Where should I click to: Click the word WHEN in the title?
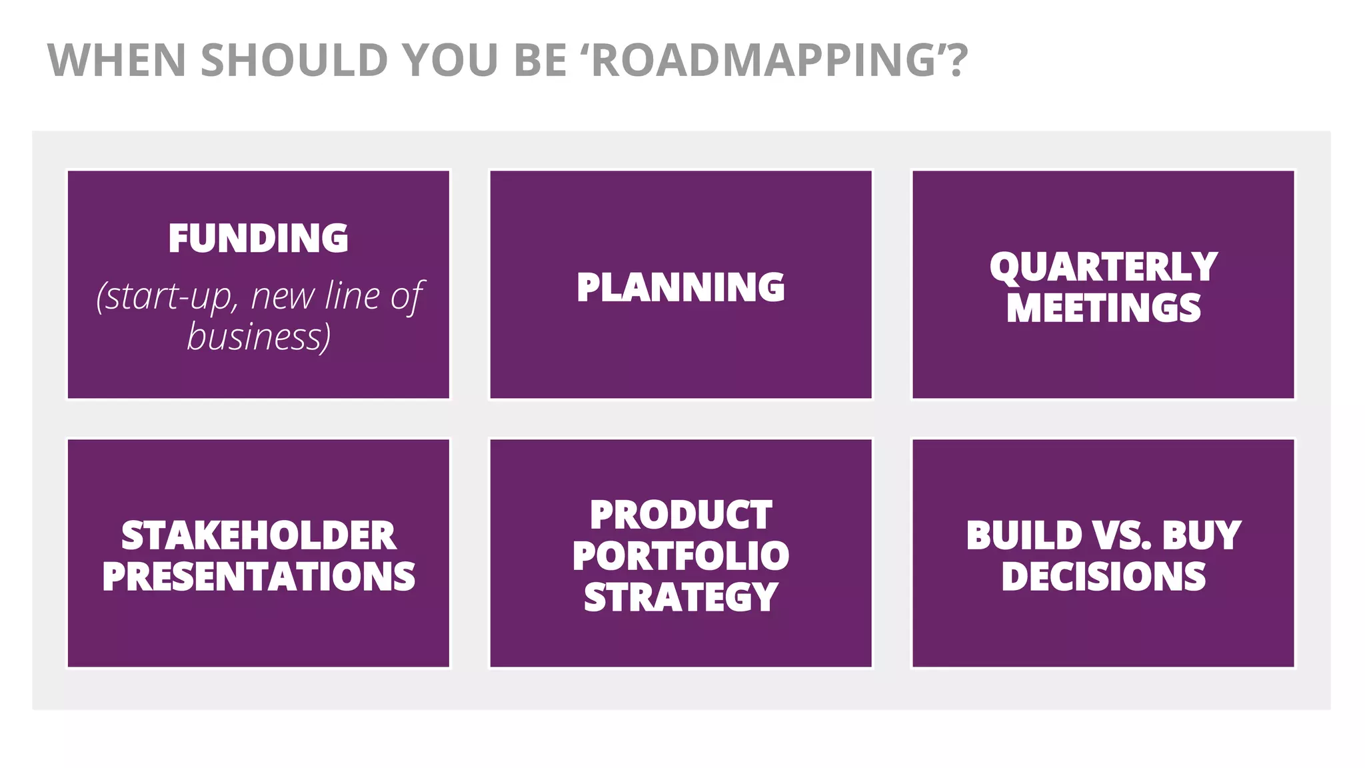[117, 61]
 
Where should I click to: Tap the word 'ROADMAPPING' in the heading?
[773, 61]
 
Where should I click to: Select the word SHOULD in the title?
[294, 61]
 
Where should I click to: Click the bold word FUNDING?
[258, 239]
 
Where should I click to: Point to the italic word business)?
[259, 337]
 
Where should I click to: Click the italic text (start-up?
[167, 297]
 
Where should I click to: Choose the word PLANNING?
[681, 287]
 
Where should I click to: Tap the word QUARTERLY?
[1103, 267]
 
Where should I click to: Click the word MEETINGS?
[1103, 308]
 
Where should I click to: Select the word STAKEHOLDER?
[259, 535]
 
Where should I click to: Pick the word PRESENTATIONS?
[259, 577]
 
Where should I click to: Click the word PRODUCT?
[681, 515]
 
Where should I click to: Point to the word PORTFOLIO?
[681, 556]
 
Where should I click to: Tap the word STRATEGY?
[681, 597]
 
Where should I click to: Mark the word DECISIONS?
[1103, 577]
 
